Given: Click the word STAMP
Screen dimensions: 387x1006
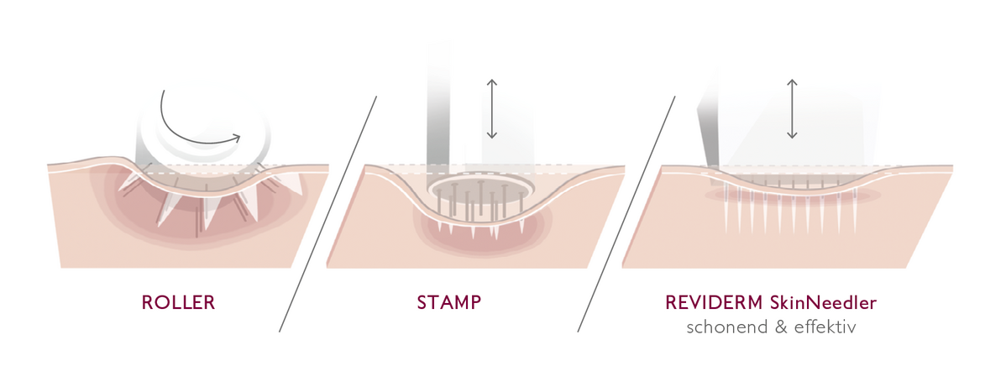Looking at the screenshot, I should pos(448,302).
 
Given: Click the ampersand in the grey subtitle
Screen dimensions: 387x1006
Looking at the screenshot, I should pos(779,327).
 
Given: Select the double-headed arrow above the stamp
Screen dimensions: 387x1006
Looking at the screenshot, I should pos(491,109).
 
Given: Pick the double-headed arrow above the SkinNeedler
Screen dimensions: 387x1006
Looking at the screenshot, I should pos(791,109).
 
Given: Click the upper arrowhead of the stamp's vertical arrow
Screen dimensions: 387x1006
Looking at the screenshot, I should pos(491,82).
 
